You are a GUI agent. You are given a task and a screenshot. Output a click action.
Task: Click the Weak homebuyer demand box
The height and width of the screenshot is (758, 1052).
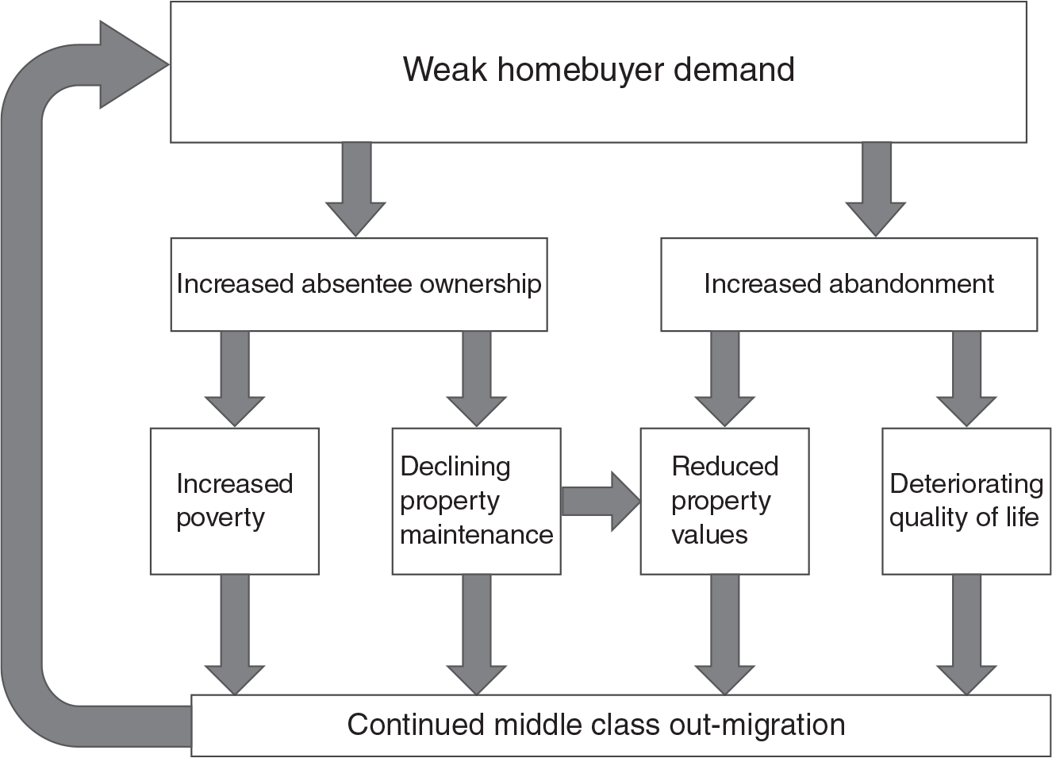[598, 72]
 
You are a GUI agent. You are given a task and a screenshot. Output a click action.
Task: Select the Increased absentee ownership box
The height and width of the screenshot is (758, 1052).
[359, 284]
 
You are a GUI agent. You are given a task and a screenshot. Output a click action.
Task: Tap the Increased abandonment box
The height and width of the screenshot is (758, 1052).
[848, 284]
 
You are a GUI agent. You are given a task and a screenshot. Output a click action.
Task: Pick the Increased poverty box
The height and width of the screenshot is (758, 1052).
[234, 501]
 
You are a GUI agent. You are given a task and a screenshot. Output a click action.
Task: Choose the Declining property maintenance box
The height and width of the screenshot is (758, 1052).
[476, 501]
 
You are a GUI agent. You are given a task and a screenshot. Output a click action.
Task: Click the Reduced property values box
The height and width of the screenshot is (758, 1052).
[724, 501]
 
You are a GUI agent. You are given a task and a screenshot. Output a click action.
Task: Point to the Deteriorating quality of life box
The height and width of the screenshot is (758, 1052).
[966, 501]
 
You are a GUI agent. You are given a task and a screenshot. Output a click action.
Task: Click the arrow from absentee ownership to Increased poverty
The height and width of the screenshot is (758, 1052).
[234, 379]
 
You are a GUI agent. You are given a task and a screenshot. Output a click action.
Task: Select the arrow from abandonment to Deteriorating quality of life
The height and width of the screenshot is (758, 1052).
[966, 379]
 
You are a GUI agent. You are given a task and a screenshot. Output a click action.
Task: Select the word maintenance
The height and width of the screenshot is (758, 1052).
[476, 535]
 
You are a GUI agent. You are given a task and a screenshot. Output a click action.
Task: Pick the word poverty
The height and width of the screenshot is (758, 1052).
[221, 518]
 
